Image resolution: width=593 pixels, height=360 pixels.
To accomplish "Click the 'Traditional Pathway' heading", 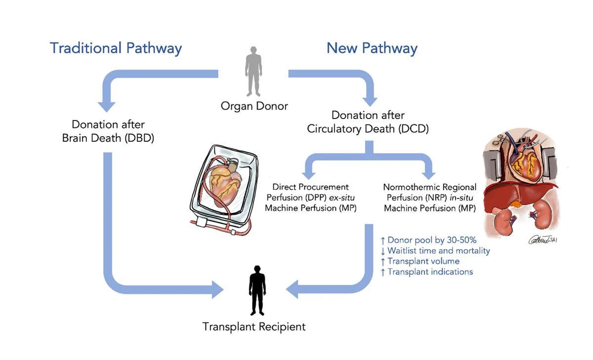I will (116, 48).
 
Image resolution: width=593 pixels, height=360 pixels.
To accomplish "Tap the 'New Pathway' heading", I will (372, 48).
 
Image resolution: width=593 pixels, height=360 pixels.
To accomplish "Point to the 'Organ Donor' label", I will (254, 106).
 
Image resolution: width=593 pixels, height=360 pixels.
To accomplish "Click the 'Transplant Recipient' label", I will (254, 326).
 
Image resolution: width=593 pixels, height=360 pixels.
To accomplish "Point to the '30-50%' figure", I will (459, 240).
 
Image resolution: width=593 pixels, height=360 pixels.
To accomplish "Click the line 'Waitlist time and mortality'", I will (435, 251).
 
